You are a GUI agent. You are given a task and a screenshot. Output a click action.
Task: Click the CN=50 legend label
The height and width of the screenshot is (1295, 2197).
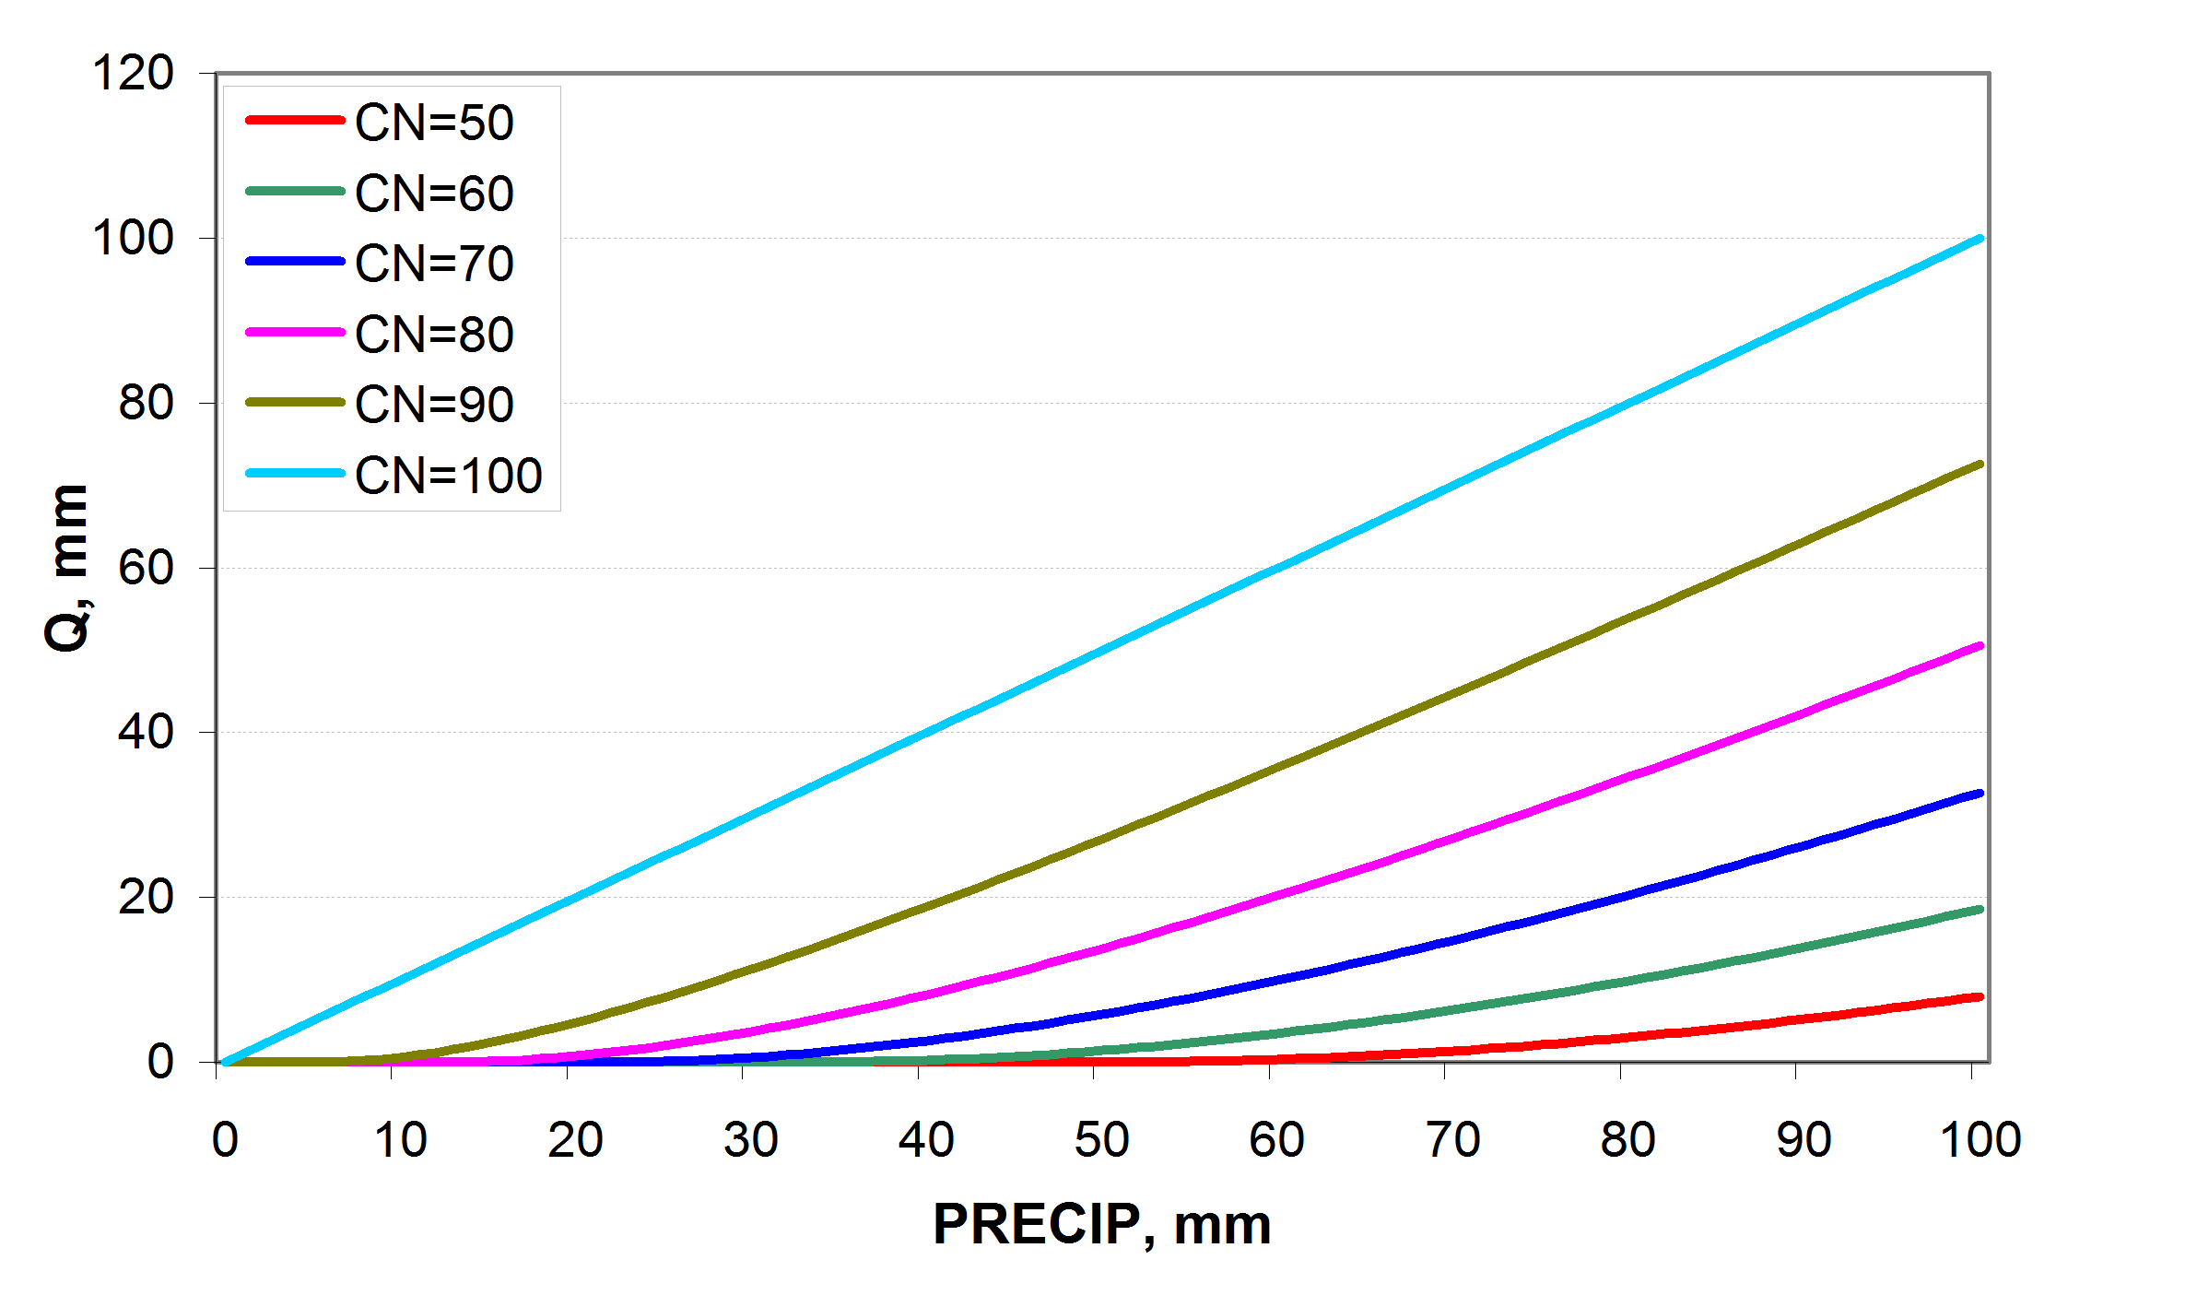click(434, 123)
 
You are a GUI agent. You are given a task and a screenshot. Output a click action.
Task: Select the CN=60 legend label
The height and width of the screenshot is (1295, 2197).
click(434, 194)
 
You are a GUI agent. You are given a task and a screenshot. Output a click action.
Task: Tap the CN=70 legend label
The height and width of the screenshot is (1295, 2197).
click(434, 264)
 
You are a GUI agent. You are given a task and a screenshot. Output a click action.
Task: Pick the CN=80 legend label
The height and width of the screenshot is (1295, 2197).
click(434, 335)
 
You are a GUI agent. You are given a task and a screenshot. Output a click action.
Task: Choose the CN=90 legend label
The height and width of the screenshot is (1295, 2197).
click(434, 405)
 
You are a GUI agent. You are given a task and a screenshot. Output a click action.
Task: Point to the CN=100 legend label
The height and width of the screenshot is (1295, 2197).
click(448, 476)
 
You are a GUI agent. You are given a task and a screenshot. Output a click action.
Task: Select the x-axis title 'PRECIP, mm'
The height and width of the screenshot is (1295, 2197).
click(1102, 1224)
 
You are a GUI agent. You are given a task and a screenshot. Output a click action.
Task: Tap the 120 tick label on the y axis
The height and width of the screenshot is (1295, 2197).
click(133, 73)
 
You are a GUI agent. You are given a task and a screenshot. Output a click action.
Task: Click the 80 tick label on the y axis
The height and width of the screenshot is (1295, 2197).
click(146, 403)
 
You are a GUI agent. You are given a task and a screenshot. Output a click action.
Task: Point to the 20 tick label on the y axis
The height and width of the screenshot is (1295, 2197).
click(146, 897)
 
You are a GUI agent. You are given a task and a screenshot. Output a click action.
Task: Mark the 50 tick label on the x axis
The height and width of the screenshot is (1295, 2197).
click(1101, 1140)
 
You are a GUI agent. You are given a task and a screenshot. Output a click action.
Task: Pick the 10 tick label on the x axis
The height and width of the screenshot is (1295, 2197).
click(400, 1140)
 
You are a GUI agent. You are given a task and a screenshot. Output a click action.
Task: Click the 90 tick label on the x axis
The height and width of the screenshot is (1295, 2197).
click(1803, 1140)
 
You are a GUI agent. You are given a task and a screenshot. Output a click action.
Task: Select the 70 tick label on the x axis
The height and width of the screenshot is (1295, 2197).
click(1452, 1140)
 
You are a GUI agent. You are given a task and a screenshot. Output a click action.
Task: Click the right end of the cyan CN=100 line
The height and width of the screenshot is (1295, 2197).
click(1980, 239)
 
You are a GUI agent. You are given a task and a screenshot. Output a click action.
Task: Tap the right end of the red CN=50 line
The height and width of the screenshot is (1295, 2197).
click(1980, 996)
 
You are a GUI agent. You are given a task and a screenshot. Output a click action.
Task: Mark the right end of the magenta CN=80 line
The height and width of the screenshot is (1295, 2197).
click(1980, 646)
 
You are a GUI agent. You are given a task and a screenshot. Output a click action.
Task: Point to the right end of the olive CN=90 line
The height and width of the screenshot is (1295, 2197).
click(1980, 465)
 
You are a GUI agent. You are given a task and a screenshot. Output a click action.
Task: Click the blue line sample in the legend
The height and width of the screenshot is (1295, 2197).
click(295, 262)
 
